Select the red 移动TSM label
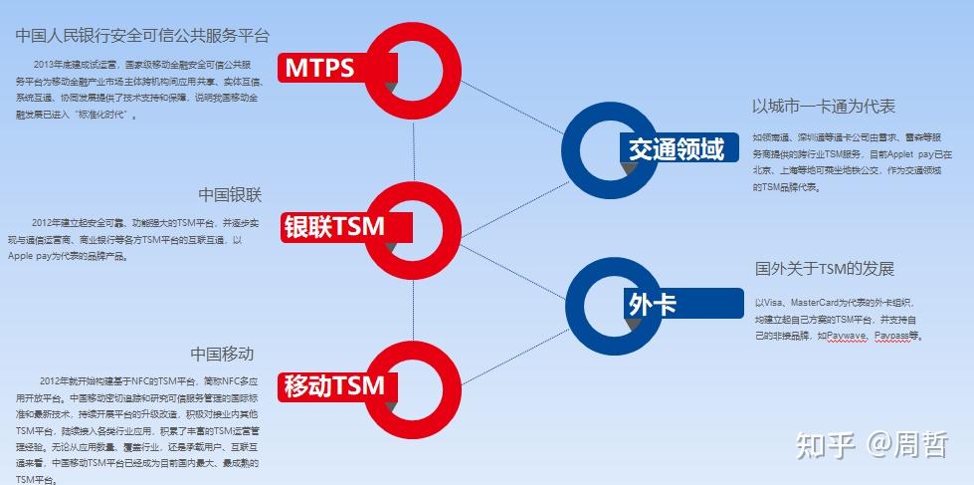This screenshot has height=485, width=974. [x=333, y=385]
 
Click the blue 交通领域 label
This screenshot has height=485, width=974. [x=677, y=149]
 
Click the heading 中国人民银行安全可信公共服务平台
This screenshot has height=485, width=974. [x=142, y=36]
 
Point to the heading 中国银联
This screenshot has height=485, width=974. [x=230, y=194]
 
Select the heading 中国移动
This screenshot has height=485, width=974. [x=223, y=354]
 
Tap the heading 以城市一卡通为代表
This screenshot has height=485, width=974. [x=824, y=107]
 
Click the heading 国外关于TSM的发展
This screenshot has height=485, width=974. [x=825, y=269]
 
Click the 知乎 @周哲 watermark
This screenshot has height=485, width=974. [x=870, y=444]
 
